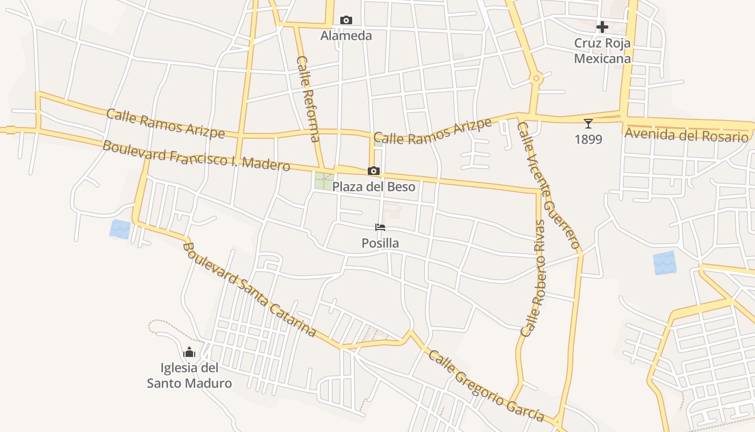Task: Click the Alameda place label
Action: [x=346, y=36]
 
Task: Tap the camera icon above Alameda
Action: [x=346, y=21]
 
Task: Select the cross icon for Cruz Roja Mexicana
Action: [x=602, y=26]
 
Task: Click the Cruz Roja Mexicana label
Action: [x=602, y=51]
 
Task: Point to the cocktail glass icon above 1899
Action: [x=588, y=124]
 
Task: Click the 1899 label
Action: [x=588, y=139]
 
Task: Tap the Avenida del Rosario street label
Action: [x=687, y=135]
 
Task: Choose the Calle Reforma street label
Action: [x=308, y=99]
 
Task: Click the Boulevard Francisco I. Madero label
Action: [x=196, y=155]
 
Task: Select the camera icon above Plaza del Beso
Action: [x=374, y=171]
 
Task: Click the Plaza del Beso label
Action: [x=374, y=187]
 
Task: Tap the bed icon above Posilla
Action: [x=380, y=227]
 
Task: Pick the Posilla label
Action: [x=380, y=243]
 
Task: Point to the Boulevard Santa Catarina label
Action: [x=249, y=290]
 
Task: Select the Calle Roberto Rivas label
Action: [x=533, y=278]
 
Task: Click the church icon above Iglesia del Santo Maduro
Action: [x=189, y=353]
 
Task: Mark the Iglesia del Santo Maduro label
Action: [x=189, y=376]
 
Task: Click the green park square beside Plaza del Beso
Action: [x=324, y=181]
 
